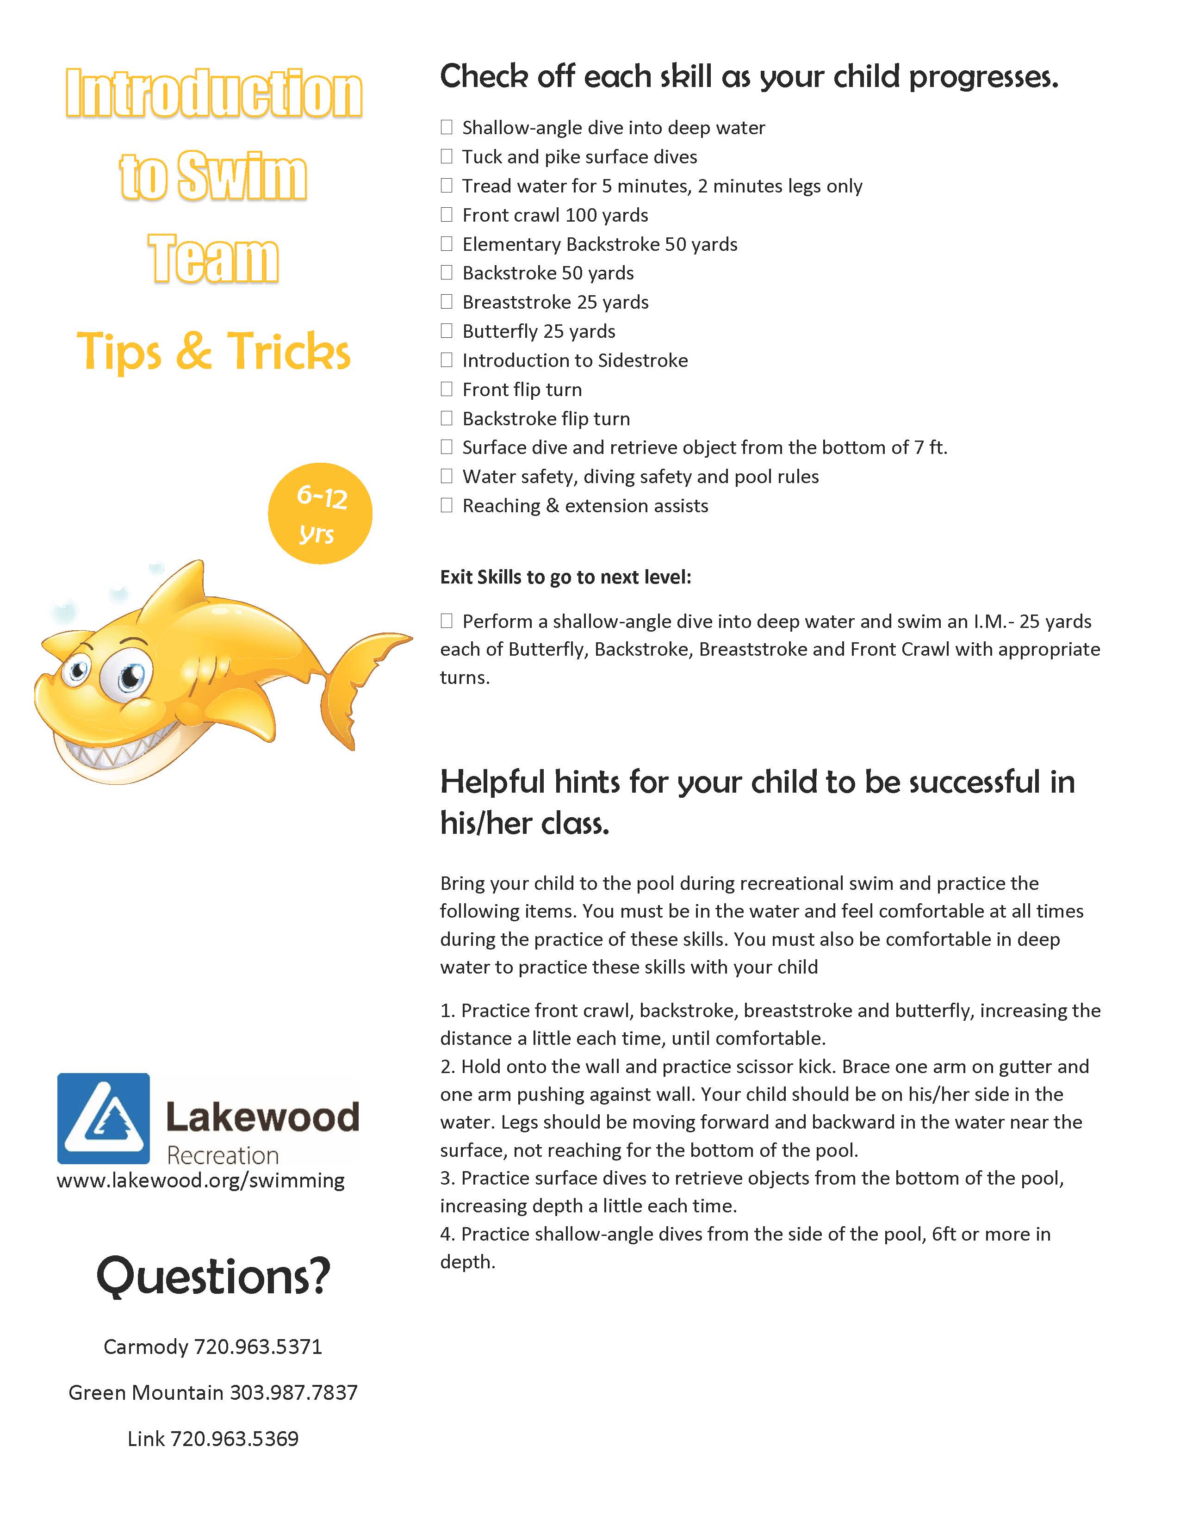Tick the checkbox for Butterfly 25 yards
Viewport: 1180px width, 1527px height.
pyautogui.click(x=447, y=331)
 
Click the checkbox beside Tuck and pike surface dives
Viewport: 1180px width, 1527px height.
pyautogui.click(x=447, y=156)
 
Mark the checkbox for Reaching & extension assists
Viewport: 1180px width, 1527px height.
pyautogui.click(x=447, y=505)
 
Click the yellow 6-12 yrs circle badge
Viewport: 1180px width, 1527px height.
pyautogui.click(x=320, y=514)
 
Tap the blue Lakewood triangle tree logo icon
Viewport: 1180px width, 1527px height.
pyautogui.click(x=104, y=1119)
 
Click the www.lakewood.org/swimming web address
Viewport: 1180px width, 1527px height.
pyautogui.click(x=201, y=1181)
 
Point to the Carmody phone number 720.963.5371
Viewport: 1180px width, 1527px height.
pyautogui.click(x=258, y=1347)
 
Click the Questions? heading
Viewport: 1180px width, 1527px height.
pyautogui.click(x=213, y=1276)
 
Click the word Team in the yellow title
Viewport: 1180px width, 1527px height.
pyautogui.click(x=213, y=259)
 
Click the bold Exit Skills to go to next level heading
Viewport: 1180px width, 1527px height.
pyautogui.click(x=565, y=577)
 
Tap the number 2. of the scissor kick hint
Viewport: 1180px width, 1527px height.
pyautogui.click(x=447, y=1066)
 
